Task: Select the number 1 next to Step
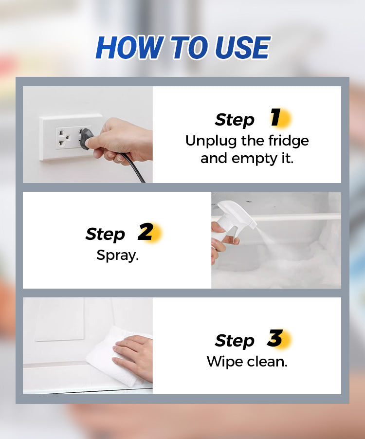276,117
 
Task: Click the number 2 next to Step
146,232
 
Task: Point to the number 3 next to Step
275,338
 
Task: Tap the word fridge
289,141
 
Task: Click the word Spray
118,256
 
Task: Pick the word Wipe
225,362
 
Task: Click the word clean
267,362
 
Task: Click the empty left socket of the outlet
62,138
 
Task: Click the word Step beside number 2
105,235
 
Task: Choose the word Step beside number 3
235,341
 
